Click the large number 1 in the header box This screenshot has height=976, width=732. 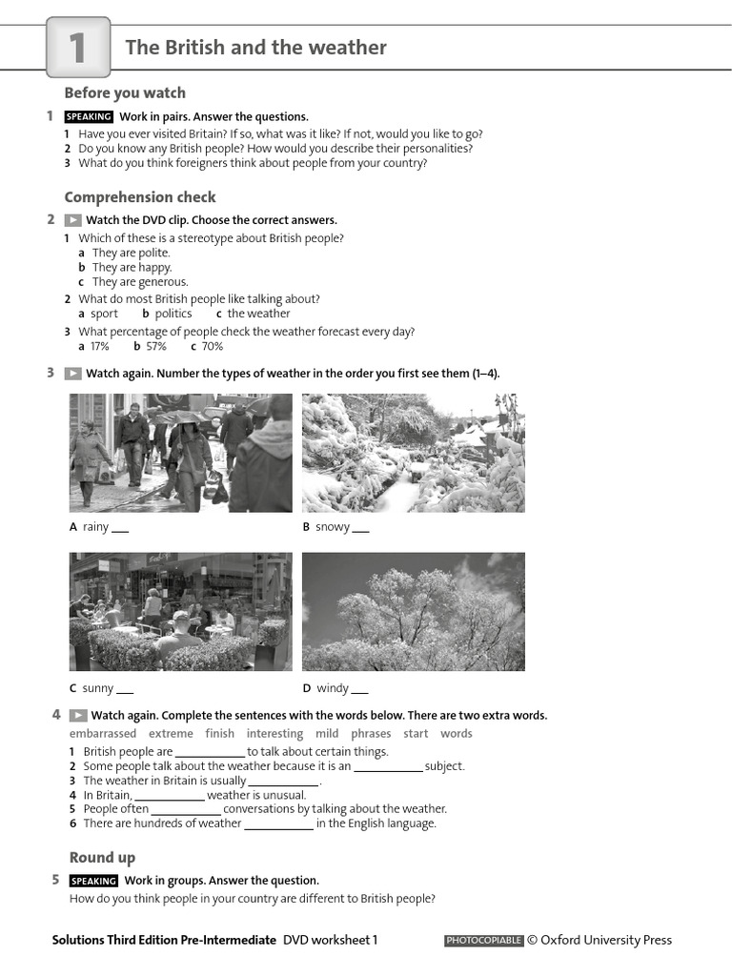(77, 49)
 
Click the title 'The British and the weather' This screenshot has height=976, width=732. (255, 48)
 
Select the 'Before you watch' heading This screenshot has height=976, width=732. (125, 92)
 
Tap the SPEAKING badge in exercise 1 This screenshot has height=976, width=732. (89, 116)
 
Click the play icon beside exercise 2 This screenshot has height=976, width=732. (72, 220)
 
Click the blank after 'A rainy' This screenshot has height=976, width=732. (120, 529)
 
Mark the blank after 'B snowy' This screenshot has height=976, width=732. (360, 529)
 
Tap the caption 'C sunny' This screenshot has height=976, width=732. (91, 688)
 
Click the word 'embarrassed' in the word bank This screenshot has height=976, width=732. (103, 734)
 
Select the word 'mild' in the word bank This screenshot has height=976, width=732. (327, 734)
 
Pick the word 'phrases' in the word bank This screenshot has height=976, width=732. (371, 734)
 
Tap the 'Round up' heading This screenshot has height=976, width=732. (102, 857)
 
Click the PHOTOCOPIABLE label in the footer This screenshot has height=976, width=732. (483, 941)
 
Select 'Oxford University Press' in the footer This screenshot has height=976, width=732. (606, 940)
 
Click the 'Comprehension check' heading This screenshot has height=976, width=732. (140, 197)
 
